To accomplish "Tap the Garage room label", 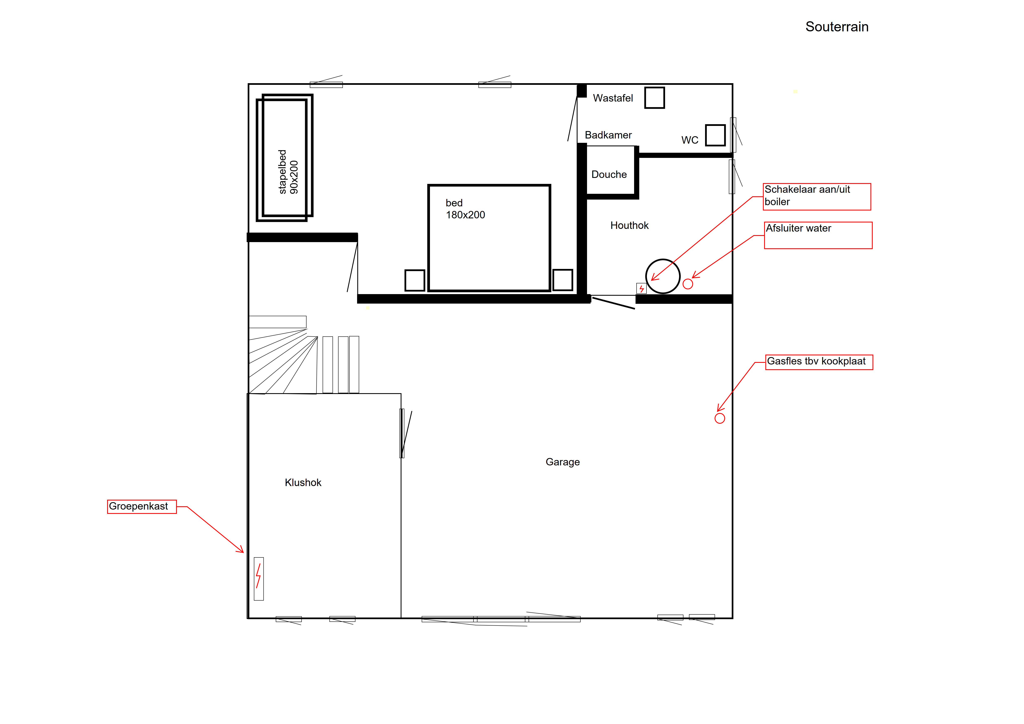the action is coord(562,462).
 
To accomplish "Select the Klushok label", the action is coord(303,482).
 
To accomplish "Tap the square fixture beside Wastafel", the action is coord(654,98).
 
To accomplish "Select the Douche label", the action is coord(609,174).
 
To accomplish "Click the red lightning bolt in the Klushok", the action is coord(258,576).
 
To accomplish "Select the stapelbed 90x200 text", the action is coord(288,172).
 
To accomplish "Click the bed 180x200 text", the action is coord(465,209).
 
